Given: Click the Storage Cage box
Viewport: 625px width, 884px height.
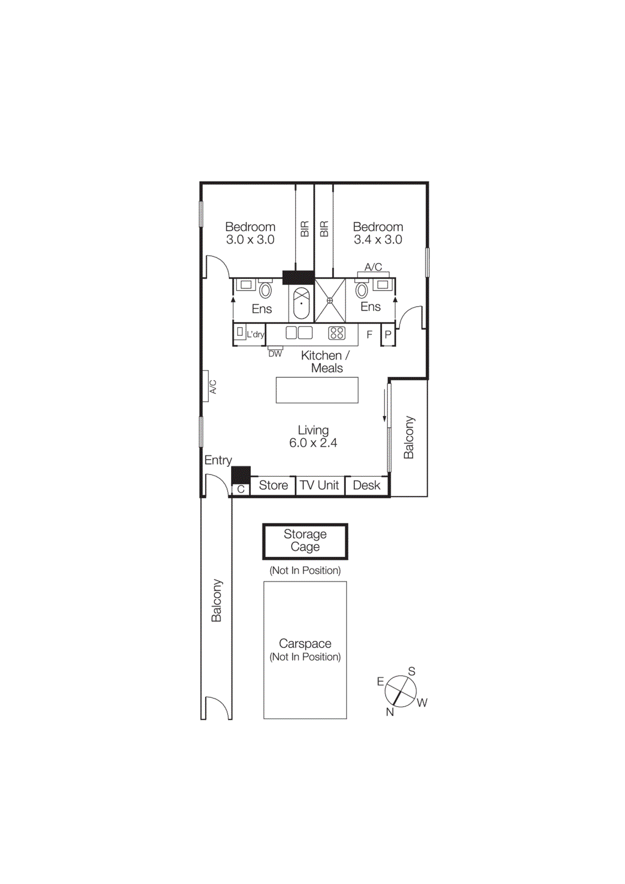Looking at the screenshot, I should pyautogui.click(x=305, y=541).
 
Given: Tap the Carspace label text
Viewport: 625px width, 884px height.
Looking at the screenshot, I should pyautogui.click(x=305, y=644).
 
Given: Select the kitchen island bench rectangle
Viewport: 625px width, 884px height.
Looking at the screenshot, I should pyautogui.click(x=317, y=390).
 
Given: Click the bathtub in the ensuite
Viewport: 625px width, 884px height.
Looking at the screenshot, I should pyautogui.click(x=301, y=303).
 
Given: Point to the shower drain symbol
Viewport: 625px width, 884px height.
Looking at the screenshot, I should pyautogui.click(x=330, y=301).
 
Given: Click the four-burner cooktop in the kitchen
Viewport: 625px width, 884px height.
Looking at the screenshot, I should pyautogui.click(x=337, y=333).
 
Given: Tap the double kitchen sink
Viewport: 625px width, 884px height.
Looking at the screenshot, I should pyautogui.click(x=299, y=333).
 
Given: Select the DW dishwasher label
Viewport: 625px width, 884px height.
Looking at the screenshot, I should pyautogui.click(x=275, y=354).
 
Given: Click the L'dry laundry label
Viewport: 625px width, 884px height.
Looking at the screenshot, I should pyautogui.click(x=255, y=334).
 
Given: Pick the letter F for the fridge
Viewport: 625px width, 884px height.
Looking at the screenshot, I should pyautogui.click(x=370, y=334).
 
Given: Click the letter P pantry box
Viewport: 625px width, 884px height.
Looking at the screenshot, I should pyautogui.click(x=388, y=335).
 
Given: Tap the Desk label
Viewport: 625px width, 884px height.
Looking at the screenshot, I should pyautogui.click(x=366, y=485).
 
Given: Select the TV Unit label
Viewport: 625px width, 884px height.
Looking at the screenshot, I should pyautogui.click(x=319, y=485).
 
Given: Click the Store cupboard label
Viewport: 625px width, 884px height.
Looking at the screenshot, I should pyautogui.click(x=273, y=485).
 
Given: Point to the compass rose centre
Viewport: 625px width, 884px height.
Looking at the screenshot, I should pyautogui.click(x=401, y=691).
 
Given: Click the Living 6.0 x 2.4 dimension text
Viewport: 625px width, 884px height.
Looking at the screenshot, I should pyautogui.click(x=313, y=443).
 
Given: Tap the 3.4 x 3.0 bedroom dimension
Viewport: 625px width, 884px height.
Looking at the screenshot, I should pyautogui.click(x=378, y=240).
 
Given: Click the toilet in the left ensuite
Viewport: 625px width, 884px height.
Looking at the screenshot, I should pyautogui.click(x=265, y=290).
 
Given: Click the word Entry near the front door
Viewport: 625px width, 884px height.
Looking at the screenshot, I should pyautogui.click(x=218, y=460).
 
